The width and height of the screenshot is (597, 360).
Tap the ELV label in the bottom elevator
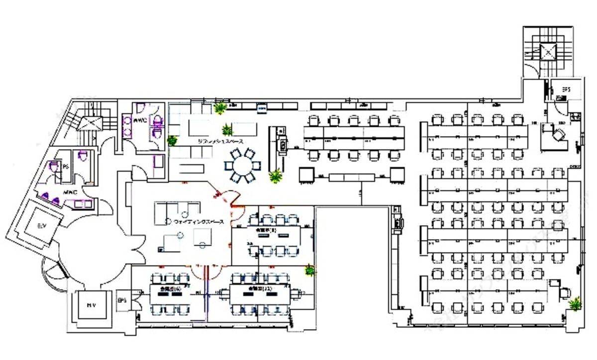point(90,305)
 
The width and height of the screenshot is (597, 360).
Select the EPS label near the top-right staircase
point(566,90)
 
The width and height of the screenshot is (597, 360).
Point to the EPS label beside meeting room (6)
point(122,300)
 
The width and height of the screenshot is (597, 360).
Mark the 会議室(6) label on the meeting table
point(167,288)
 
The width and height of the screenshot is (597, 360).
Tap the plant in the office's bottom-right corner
point(576,303)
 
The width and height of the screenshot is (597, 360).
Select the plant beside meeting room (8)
point(310,270)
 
